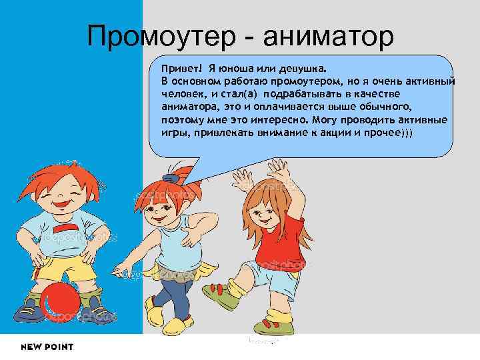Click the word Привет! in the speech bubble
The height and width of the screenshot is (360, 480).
(x=177, y=68)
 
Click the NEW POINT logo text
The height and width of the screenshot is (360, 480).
(x=47, y=347)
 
